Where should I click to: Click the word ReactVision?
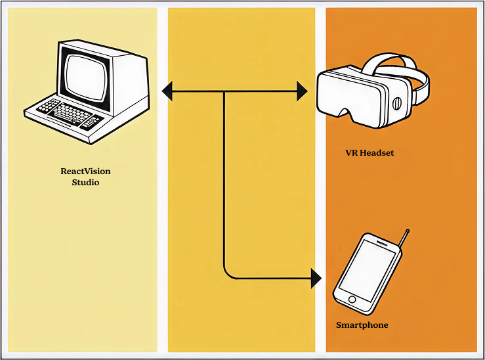[85, 171]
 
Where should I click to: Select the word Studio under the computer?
[85, 182]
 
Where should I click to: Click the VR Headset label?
[369, 153]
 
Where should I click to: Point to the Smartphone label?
[362, 325]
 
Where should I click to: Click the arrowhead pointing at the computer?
[167, 91]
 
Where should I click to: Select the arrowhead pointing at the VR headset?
[302, 91]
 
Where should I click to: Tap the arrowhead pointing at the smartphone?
[316, 279]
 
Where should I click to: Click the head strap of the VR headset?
[394, 62]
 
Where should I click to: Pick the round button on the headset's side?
[396, 104]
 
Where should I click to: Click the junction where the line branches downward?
[224, 91]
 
